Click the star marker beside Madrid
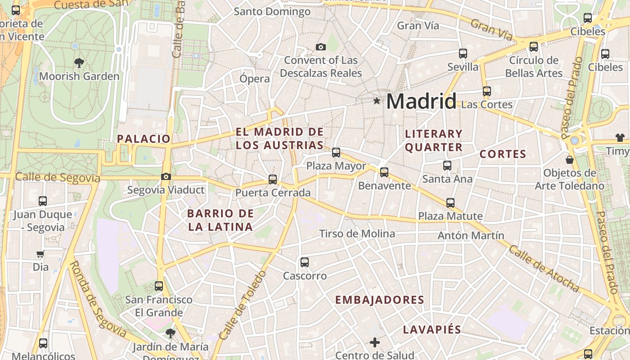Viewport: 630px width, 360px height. [377, 101]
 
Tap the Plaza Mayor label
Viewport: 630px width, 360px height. [336, 166]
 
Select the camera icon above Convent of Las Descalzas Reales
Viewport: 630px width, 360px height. [321, 47]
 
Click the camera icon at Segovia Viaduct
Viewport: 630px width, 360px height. [166, 176]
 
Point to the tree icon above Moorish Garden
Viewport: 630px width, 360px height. [79, 63]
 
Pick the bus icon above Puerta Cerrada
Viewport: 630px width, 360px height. [273, 180]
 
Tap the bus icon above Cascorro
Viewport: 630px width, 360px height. [305, 262]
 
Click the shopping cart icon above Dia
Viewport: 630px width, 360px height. [40, 254]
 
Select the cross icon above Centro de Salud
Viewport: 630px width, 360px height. [375, 343]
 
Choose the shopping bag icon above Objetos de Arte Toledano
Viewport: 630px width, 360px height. [570, 160]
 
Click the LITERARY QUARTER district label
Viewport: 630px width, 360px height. [434, 140]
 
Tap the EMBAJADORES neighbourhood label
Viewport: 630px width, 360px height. [380, 300]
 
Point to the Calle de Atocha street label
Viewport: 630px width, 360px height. [544, 268]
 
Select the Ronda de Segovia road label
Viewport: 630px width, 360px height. [98, 299]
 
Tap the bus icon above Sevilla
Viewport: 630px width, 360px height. [463, 54]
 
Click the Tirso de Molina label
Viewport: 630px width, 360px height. [357, 234]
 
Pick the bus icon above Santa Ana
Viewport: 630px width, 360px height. [447, 166]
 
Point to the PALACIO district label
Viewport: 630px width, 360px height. [144, 139]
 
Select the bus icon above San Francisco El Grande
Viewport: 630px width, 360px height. [158, 286]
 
